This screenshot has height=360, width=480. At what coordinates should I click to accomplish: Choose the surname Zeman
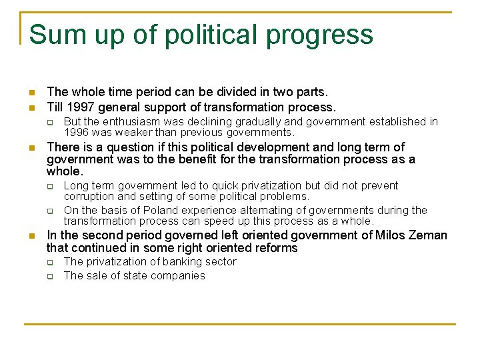point(429,235)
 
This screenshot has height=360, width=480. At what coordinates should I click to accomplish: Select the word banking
point(176,262)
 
